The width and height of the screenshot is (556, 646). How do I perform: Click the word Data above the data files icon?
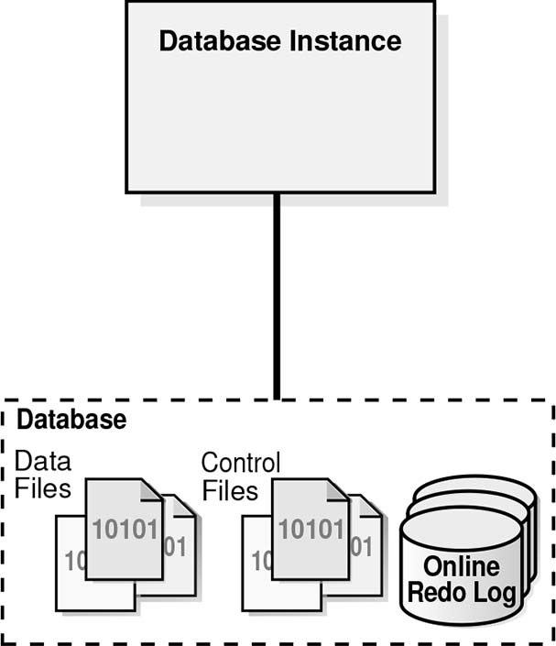tap(43, 461)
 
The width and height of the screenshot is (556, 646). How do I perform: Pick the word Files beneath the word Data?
tap(43, 487)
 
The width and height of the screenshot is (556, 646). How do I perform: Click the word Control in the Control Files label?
tap(241, 462)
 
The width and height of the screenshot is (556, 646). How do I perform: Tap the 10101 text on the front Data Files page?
tap(125, 529)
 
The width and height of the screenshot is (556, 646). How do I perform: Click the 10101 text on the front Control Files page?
tap(311, 529)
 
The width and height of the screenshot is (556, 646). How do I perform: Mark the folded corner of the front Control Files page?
tap(338, 490)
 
